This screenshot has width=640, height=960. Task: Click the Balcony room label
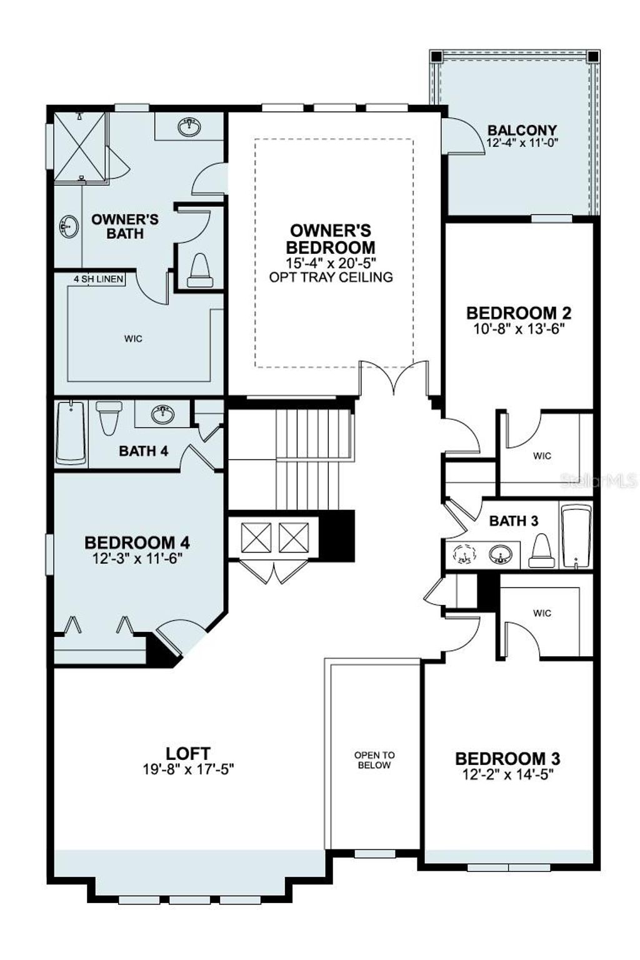point(522,131)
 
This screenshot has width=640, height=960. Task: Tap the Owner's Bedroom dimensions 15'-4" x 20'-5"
point(331,263)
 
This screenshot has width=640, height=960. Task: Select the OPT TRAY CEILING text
point(331,277)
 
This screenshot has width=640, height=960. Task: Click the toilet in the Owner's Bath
point(200,269)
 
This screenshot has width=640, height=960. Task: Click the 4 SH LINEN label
point(98,279)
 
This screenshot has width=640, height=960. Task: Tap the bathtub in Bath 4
point(71,432)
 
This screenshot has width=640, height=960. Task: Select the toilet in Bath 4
point(109,417)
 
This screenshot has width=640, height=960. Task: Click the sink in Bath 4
point(164,413)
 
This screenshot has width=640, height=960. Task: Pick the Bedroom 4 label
point(137,542)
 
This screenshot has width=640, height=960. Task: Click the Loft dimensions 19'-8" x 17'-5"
point(187,769)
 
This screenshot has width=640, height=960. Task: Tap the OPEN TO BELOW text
point(374,760)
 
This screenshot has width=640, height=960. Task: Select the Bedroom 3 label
point(507,759)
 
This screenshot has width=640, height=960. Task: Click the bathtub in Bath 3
point(576,537)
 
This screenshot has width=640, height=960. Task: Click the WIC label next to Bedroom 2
point(542,456)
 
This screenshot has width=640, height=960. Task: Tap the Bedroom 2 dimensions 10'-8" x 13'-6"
point(519,329)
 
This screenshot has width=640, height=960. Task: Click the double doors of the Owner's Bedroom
point(394,378)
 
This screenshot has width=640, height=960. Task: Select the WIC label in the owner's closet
point(133,339)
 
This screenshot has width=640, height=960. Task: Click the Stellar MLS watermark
point(598,481)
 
